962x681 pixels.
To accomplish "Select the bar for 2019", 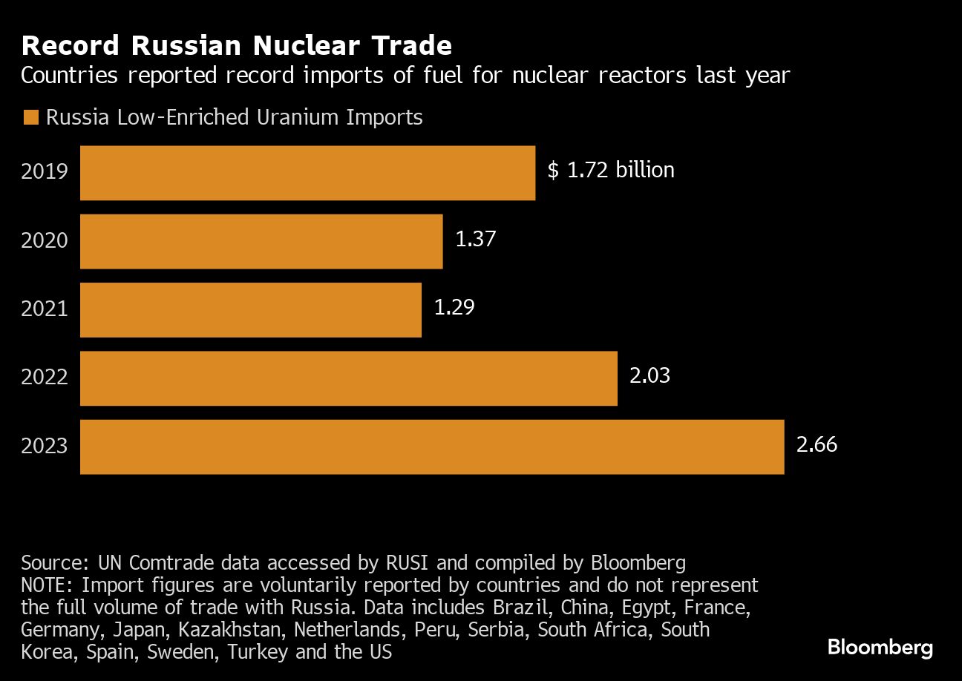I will point(307,173).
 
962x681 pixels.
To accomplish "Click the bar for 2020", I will point(261,241).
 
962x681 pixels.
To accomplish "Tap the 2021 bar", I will point(251,309).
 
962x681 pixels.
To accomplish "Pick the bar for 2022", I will point(349,378).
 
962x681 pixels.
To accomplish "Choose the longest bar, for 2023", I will point(432,447).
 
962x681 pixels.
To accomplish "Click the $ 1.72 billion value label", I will point(611,170).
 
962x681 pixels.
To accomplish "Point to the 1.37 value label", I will point(475,239).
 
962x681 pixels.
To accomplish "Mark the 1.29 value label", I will point(454,307).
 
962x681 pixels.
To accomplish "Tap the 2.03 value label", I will point(649,375).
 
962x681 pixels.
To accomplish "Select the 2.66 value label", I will point(817,444).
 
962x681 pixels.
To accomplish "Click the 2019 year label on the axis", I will point(45,172).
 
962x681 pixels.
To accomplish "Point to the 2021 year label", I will point(45,309).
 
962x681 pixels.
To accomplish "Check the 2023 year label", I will point(45,446).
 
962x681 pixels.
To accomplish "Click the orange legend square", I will point(30,117).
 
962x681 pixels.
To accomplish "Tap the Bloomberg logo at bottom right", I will point(880,647).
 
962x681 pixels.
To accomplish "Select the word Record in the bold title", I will point(71,46).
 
